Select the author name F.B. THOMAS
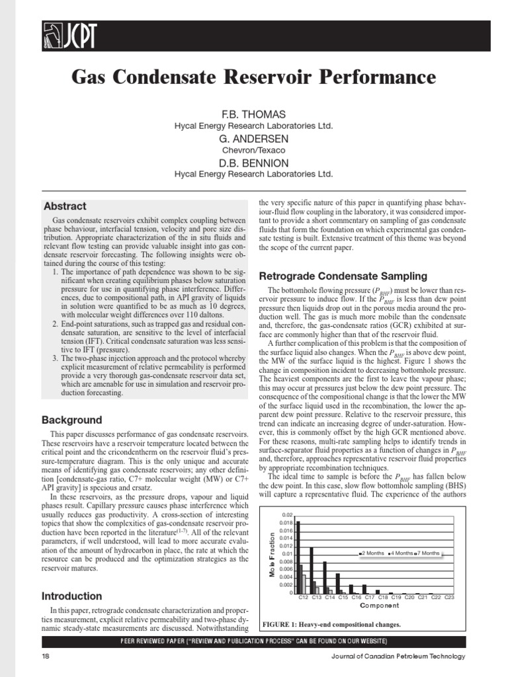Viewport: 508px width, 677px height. click(253, 114)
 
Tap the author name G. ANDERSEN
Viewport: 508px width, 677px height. click(253, 139)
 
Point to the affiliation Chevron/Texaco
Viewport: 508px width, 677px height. click(253, 151)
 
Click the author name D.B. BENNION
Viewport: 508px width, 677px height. click(253, 163)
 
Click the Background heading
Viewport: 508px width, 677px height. click(71, 420)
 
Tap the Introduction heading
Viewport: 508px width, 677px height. click(71, 596)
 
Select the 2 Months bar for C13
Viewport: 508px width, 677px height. click(312, 571)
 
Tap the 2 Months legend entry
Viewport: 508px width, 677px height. click(372, 553)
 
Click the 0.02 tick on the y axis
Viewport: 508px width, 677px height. click(286, 514)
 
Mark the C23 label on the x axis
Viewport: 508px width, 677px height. click(449, 598)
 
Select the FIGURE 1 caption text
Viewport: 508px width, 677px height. click(331, 623)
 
